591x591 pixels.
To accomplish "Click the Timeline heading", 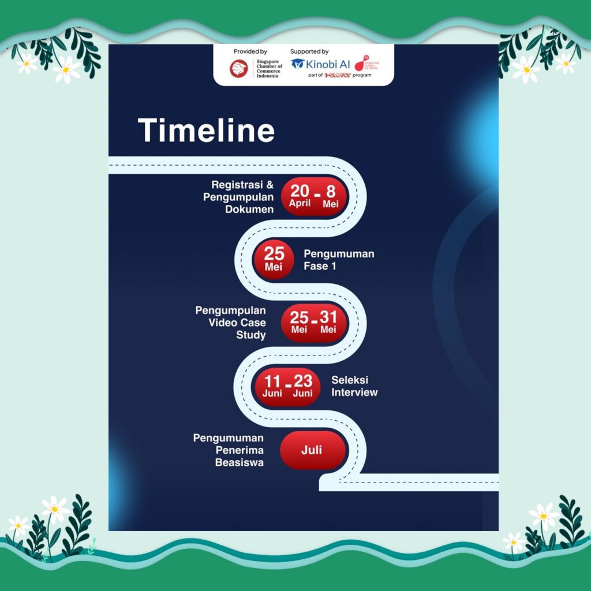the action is pos(206,130).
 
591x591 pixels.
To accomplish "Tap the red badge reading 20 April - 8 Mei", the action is pos(314,196).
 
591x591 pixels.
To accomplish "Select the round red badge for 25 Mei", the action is pos(274,259).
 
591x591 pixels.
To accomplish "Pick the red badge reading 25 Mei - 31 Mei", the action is pos(314,323).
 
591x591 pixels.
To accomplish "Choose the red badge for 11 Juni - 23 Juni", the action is pos(287,387).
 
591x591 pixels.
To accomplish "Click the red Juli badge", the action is pos(312,450).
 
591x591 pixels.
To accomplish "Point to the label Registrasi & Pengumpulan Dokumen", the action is pos(238,197).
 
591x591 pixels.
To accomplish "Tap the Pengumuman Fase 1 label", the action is pos(339,260).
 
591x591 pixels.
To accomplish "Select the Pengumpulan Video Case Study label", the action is pos(231,323).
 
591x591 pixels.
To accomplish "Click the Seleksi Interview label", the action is pos(354,386).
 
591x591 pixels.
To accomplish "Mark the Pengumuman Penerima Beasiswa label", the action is pos(229,450).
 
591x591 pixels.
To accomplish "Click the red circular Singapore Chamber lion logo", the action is pos(239,69).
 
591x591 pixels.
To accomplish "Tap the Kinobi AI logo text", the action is pos(328,64).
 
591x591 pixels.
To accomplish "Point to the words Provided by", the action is pos(250,51).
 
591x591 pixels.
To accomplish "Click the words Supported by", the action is pos(309,51).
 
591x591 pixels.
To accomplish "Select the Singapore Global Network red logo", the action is pos(366,63).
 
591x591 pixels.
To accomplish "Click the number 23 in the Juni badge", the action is pos(303,381).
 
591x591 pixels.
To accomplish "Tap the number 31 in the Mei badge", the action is pos(328,317).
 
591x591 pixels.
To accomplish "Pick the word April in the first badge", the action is pos(300,203).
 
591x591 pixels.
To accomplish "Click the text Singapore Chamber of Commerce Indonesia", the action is pos(269,69).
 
